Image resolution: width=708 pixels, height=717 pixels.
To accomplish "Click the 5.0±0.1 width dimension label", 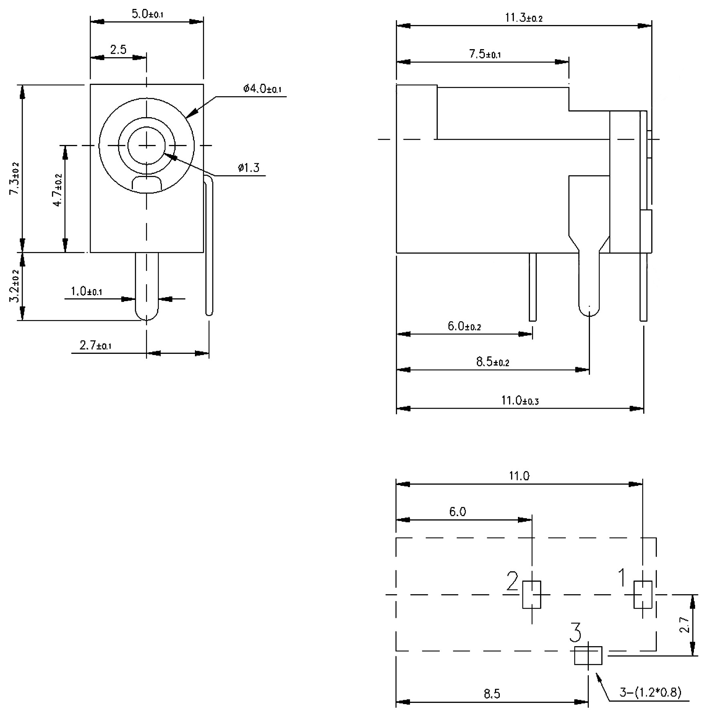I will click(x=147, y=14).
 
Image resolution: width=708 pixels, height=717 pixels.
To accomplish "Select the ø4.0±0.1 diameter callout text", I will click(x=262, y=89).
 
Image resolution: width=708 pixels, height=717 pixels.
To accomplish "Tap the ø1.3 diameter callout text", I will click(x=248, y=168).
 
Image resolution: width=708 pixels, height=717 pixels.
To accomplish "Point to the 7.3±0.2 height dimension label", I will click(x=14, y=179).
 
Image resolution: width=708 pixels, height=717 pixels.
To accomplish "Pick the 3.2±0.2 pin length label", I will click(x=14, y=285).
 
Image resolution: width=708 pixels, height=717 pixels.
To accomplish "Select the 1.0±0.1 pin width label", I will click(x=86, y=291).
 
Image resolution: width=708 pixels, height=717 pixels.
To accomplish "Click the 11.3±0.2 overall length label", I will click(x=524, y=18).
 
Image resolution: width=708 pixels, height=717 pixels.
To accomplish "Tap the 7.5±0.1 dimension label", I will click(x=485, y=54).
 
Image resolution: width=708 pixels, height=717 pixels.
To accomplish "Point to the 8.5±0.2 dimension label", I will click(x=493, y=362).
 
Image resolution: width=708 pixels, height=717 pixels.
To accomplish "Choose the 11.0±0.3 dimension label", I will click(x=520, y=400).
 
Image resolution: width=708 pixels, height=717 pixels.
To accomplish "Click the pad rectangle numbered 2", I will click(x=532, y=595).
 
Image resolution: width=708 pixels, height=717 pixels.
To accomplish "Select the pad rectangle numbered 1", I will click(x=643, y=594).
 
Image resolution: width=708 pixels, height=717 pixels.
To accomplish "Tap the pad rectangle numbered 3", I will click(x=588, y=655).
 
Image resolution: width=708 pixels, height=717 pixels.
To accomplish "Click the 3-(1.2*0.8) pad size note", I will click(x=650, y=692).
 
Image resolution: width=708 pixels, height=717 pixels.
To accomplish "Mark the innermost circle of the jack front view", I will click(x=147, y=145).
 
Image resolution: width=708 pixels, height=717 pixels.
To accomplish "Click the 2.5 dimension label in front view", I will click(x=118, y=50).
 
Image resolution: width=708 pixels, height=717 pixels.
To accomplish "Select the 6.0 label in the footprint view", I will click(x=458, y=512).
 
